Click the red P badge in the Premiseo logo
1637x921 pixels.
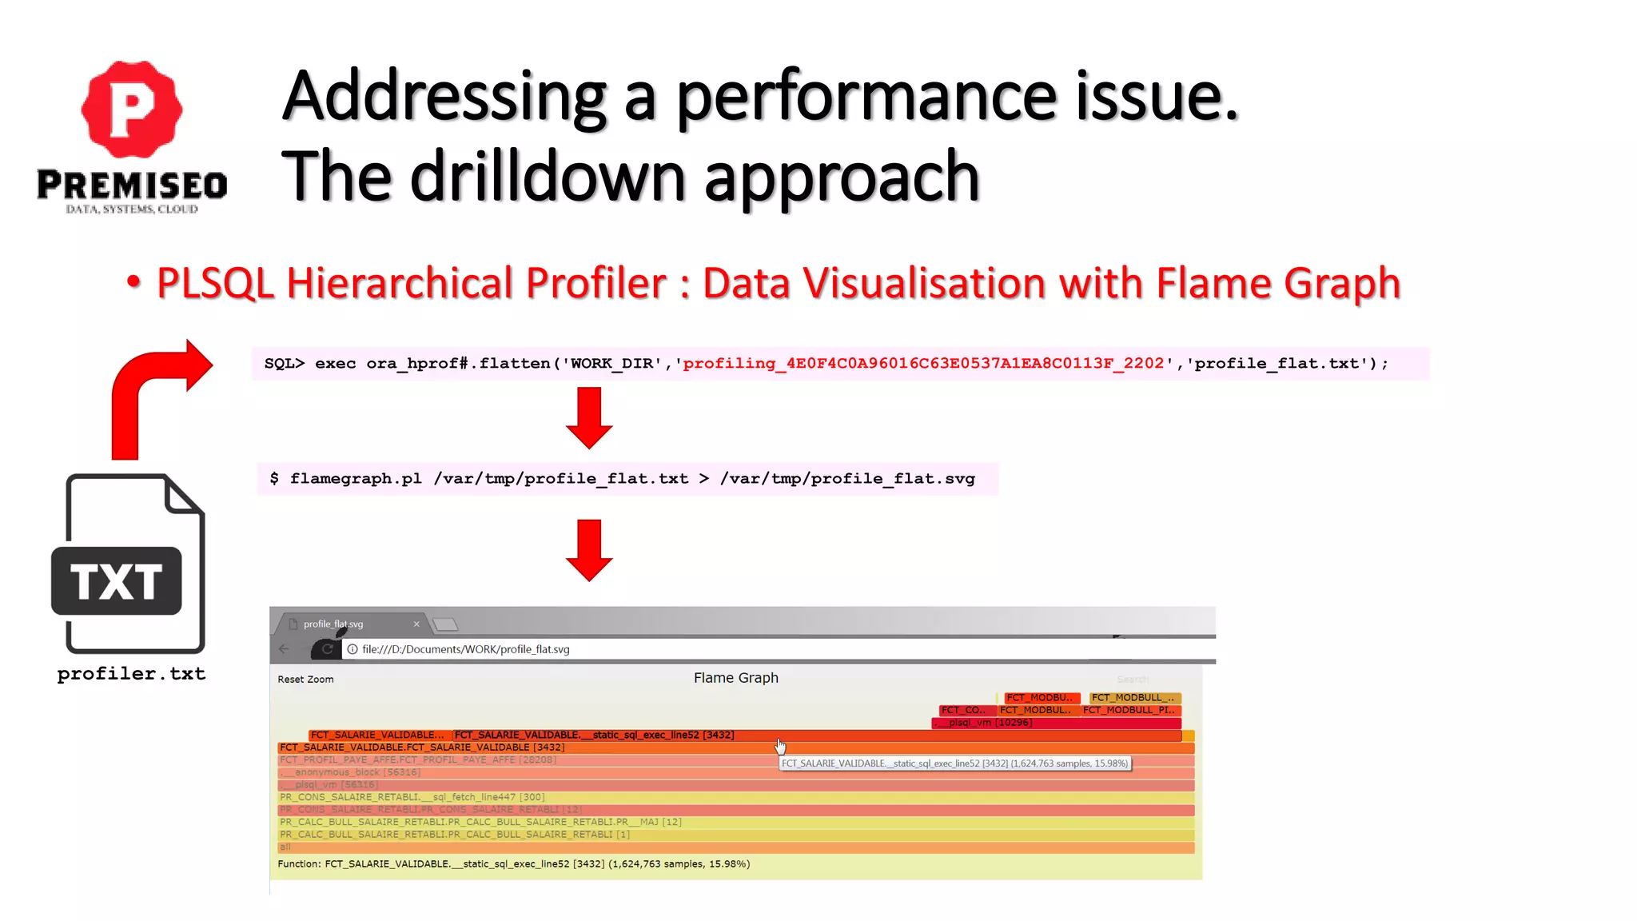[x=132, y=110]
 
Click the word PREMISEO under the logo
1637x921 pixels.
[x=132, y=185]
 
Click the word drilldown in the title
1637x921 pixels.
[x=552, y=177]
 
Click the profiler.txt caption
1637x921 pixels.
[x=132, y=674]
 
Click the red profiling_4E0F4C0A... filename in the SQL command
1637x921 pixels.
[x=923, y=364]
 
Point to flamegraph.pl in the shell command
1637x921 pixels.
[x=356, y=479]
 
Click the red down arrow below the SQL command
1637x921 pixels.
[x=589, y=417]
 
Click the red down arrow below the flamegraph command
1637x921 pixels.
[x=589, y=550]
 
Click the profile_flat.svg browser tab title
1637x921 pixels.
[x=333, y=624]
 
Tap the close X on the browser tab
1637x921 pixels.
[x=416, y=624]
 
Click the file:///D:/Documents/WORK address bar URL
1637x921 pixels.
[x=466, y=649]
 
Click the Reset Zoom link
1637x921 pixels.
[x=305, y=680]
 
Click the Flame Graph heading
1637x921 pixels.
[x=735, y=678]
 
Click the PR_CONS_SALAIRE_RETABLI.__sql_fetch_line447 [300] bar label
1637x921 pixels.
[x=412, y=797]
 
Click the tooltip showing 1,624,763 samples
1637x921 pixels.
[x=954, y=764]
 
